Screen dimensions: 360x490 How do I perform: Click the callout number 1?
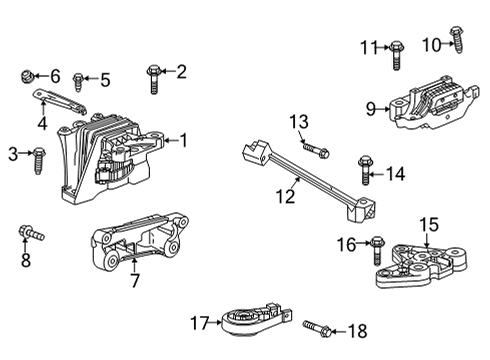coord(182,140)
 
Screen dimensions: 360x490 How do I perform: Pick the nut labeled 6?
coord(28,76)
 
